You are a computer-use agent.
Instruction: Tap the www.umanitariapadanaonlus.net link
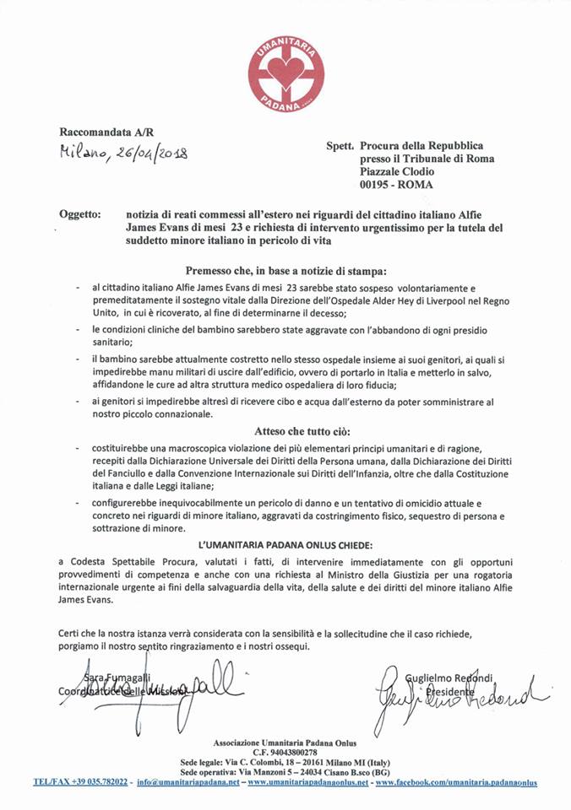pos(306,781)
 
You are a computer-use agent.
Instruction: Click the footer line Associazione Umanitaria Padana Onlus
pos(285,741)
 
